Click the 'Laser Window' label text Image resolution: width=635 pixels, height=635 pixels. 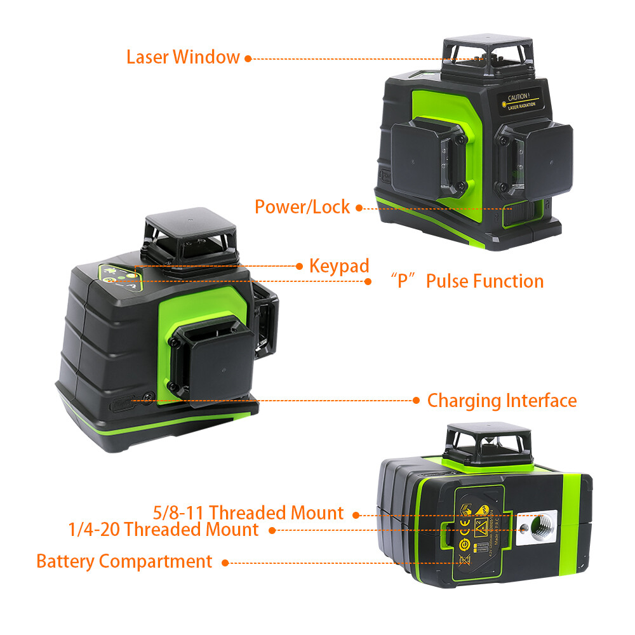183,57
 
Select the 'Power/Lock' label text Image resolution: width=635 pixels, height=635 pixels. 302,207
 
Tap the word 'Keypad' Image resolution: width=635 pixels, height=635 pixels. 339,266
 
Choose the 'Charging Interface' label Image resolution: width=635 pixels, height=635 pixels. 502,401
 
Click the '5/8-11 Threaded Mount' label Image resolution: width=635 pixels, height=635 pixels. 248,512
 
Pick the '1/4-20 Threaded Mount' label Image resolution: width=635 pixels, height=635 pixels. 164,530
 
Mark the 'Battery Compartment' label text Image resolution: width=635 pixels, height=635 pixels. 124,561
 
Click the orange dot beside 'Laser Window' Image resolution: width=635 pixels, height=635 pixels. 248,58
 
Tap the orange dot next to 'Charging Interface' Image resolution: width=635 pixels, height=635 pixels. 416,401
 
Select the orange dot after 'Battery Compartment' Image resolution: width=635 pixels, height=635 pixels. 225,562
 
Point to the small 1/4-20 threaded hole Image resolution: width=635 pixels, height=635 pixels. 525,526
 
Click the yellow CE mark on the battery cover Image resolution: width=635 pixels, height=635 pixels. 464,525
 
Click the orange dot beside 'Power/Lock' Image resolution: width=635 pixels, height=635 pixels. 359,208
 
